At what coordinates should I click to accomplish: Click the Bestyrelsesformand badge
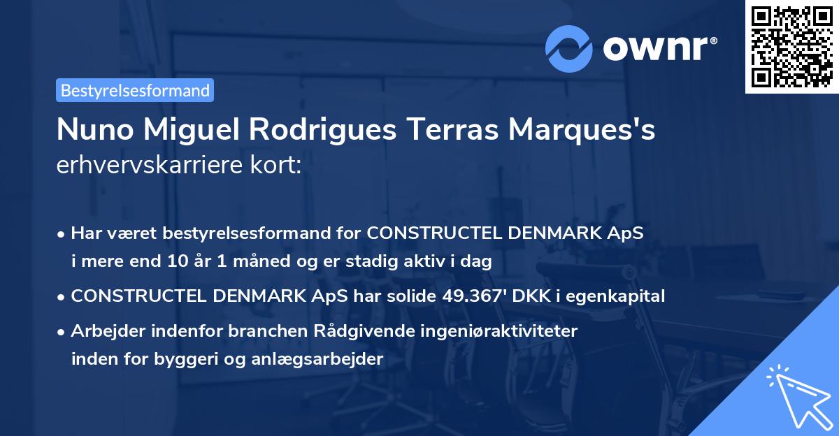tap(135, 90)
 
